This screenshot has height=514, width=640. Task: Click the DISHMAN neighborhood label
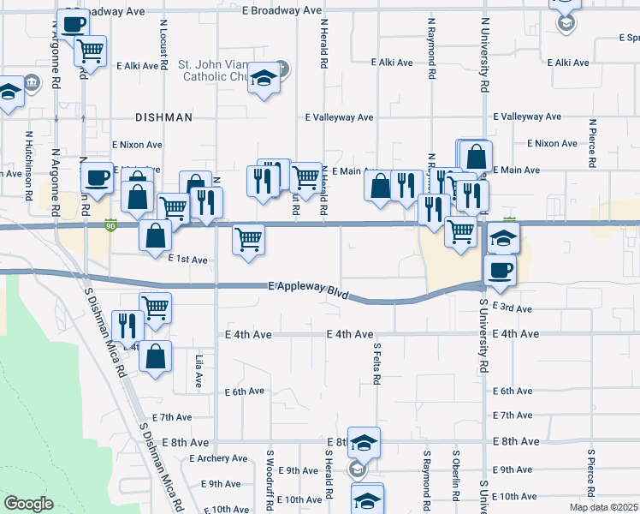pos(163,117)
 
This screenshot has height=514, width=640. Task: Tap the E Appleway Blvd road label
pos(308,288)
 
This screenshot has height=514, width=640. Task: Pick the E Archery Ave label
pos(218,458)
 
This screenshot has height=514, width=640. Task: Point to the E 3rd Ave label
pos(513,308)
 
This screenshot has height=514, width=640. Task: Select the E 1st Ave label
pos(188,259)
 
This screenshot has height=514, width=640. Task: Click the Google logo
pos(28,504)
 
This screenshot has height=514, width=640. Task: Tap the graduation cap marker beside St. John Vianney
pos(264,81)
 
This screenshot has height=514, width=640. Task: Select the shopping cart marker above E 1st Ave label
pos(248,239)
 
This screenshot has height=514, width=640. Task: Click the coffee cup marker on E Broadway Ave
pos(74,24)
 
